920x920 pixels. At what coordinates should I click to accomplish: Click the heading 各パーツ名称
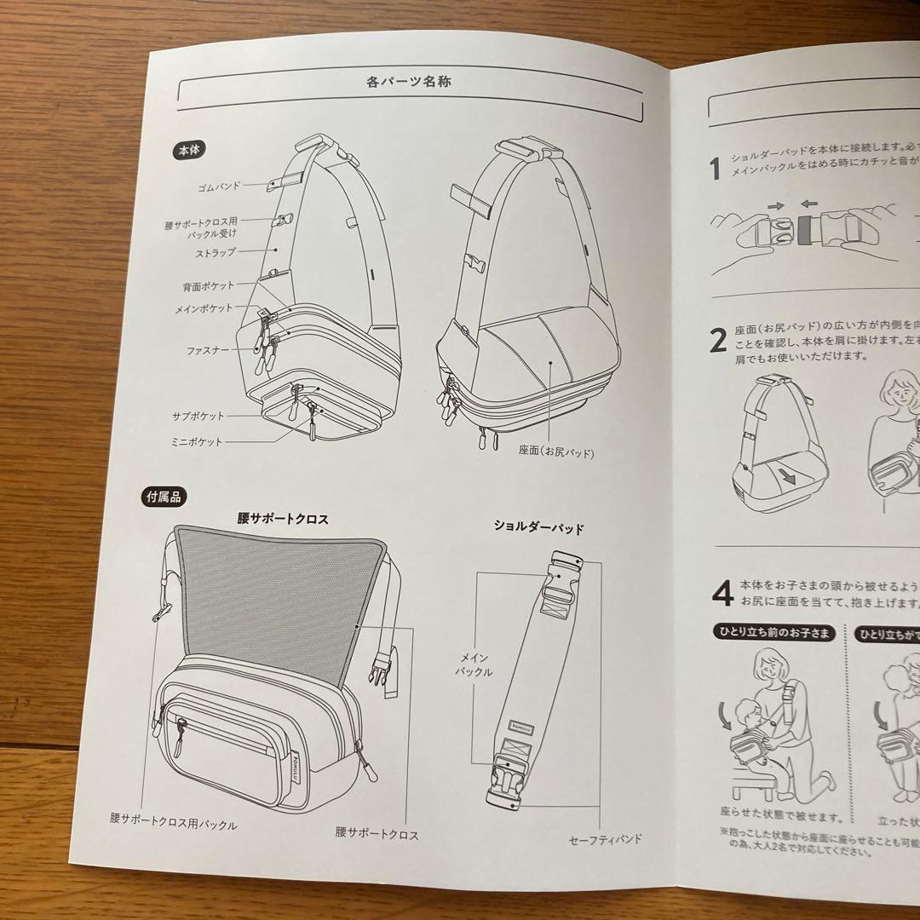coord(408,83)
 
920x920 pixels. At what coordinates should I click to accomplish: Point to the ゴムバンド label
coord(218,185)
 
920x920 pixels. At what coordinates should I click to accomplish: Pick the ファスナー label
coord(207,349)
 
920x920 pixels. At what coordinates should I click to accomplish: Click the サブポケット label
coord(198,417)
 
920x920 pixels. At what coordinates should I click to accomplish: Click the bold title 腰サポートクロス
coord(283,517)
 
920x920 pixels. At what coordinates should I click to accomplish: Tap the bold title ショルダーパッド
coord(538,527)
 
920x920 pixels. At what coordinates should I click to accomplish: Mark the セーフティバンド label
coord(606,840)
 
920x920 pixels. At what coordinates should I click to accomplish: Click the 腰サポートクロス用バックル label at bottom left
coord(173,824)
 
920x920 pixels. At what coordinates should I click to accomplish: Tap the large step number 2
coord(718,339)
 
